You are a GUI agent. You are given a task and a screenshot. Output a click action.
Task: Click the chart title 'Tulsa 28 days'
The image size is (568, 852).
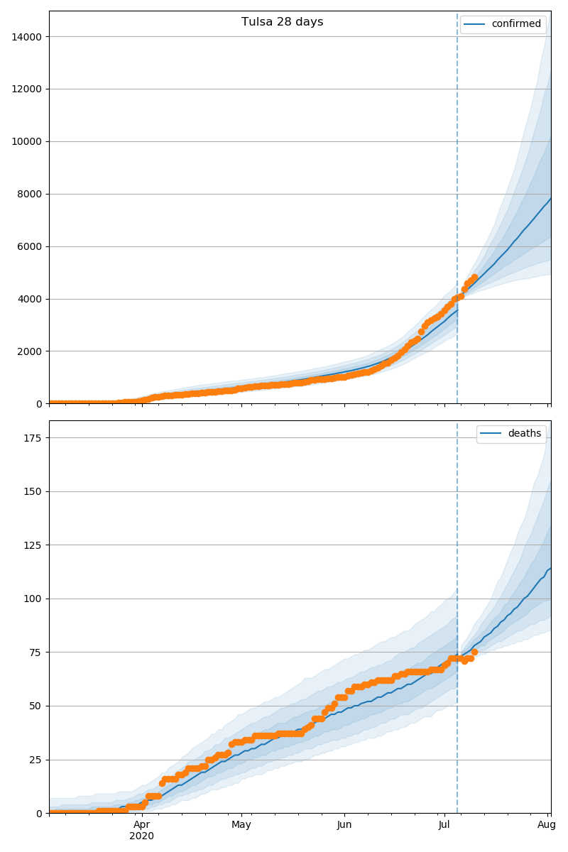tap(282, 22)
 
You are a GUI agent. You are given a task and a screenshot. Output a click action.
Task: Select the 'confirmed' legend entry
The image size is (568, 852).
tap(503, 24)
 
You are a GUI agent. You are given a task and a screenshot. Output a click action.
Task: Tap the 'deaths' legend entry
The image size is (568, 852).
tap(510, 433)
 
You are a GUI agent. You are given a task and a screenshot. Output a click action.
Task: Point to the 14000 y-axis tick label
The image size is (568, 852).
tap(26, 37)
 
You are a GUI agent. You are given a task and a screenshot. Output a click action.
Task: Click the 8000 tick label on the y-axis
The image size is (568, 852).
tap(29, 195)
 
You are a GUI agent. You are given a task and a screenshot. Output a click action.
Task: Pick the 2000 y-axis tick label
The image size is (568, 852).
tap(29, 351)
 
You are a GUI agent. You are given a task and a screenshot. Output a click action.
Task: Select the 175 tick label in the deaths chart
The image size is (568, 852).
tap(33, 438)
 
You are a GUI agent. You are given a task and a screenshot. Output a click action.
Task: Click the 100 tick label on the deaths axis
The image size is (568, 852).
tap(33, 599)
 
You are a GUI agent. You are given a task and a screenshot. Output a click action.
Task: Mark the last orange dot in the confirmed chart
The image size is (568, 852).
tap(474, 278)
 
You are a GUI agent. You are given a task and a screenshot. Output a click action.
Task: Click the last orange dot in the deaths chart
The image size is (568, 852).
tap(474, 652)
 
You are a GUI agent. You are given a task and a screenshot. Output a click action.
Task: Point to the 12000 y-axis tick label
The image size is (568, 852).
tap(26, 89)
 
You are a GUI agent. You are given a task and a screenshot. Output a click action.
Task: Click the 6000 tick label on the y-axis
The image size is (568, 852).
tap(29, 247)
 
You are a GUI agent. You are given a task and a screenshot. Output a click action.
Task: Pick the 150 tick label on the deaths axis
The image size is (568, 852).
tap(33, 492)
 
